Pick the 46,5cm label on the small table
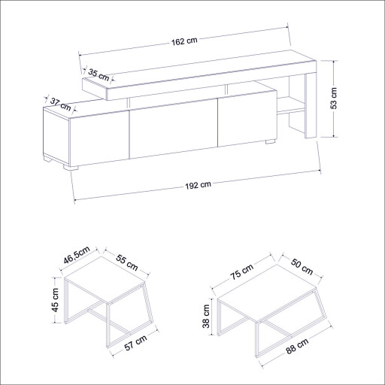click(77, 253)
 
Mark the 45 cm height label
click(54, 302)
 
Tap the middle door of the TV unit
click(174, 132)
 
